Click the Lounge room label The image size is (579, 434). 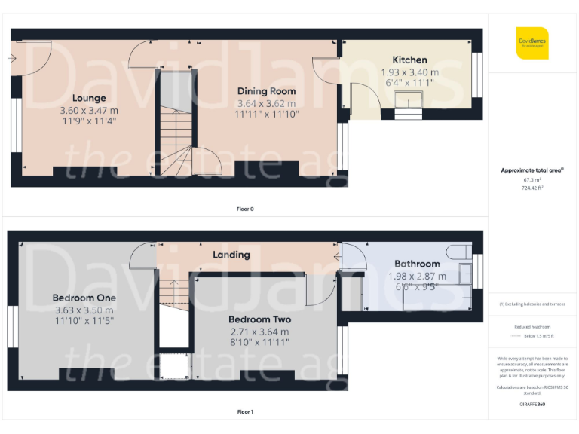click(89, 98)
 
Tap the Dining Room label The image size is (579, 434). click(266, 91)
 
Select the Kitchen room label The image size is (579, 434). click(409, 60)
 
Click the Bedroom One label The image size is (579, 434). click(84, 298)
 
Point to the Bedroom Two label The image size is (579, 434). click(259, 319)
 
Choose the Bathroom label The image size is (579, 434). click(417, 264)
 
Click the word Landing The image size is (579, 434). click(231, 255)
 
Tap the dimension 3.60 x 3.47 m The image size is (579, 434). click(89, 110)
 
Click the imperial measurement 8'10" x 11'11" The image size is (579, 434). click(259, 342)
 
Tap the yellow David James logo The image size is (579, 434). click(532, 43)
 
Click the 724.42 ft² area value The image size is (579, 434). click(533, 188)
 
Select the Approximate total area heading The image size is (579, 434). click(532, 170)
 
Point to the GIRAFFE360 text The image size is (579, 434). click(532, 405)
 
